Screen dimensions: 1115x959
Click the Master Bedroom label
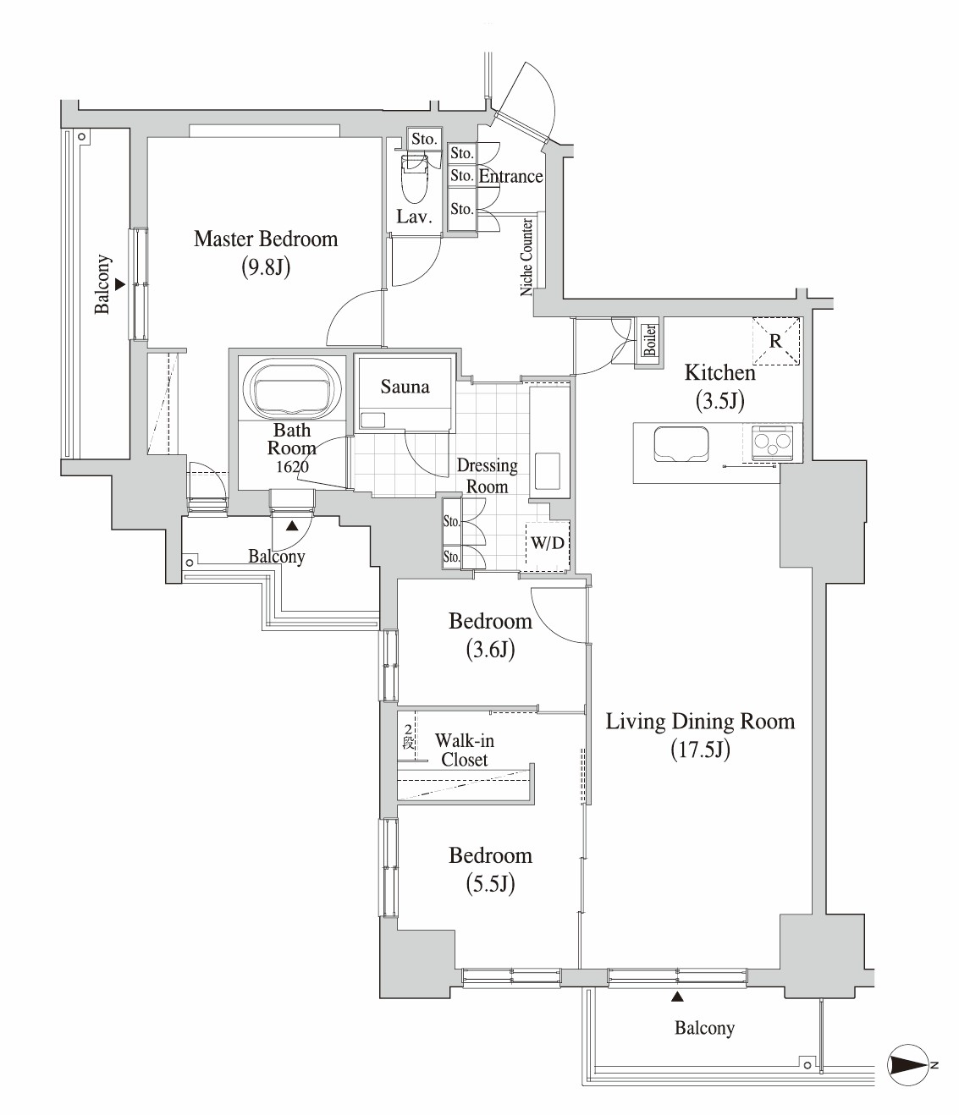266,239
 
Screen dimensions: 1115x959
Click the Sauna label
405,387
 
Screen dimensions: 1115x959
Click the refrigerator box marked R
776,342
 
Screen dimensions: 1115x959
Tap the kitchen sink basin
681,445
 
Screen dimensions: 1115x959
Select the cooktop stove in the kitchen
772,441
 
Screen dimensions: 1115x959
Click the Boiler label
650,340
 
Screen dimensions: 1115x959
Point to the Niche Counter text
526,256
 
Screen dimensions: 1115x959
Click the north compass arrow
910,1065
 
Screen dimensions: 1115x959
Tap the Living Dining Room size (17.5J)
700,750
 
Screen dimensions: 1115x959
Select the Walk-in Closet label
464,750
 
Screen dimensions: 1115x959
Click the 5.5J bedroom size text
490,884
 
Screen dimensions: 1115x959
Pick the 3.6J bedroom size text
490,650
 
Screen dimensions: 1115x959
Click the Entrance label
510,176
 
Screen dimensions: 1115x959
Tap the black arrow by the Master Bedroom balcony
120,285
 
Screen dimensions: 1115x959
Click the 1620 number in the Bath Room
292,467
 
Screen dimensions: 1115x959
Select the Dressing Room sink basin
547,470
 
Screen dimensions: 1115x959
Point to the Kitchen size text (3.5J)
719,400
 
